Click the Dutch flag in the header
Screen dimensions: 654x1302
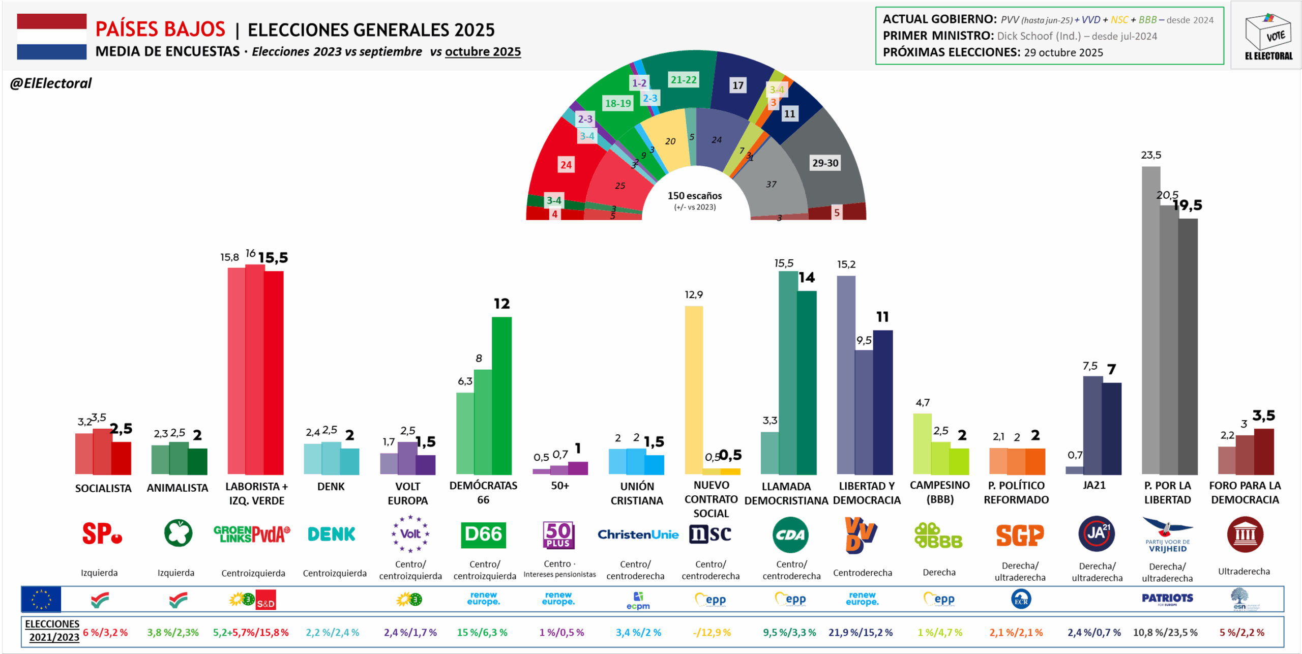click(x=51, y=37)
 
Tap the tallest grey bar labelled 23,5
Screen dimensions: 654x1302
click(x=1150, y=320)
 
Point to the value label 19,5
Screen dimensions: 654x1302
click(x=1188, y=205)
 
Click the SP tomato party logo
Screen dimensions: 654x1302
click(x=102, y=534)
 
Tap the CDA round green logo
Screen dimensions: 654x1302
click(x=790, y=535)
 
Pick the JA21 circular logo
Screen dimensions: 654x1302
click(x=1096, y=534)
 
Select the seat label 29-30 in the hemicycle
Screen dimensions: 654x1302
click(x=825, y=163)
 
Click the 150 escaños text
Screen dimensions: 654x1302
click(x=695, y=196)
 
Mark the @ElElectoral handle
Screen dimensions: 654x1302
click(x=51, y=83)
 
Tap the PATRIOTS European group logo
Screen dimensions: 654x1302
click(x=1167, y=599)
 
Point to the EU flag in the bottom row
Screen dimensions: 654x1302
click(x=41, y=599)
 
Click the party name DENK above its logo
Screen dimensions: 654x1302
click(x=331, y=487)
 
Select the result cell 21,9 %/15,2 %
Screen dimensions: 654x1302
click(x=861, y=633)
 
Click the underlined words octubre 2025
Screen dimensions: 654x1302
click(x=483, y=52)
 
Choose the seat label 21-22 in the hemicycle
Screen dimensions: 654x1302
click(x=684, y=80)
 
